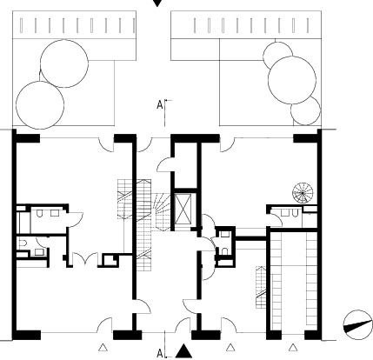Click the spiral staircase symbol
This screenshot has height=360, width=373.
point(303,193)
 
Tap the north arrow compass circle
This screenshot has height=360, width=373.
point(357,325)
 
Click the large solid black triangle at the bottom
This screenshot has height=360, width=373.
point(183,351)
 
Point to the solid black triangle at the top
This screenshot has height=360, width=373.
point(157,3)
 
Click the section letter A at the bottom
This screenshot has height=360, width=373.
point(160,354)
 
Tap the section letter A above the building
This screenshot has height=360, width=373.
point(160,105)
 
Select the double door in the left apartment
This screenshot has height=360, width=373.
point(85,259)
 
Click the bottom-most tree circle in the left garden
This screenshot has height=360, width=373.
point(40,105)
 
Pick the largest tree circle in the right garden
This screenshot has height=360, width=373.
point(292,80)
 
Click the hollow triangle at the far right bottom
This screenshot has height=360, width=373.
point(293,347)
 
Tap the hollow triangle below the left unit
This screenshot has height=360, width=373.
point(103,347)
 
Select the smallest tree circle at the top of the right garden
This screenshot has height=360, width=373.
point(277,55)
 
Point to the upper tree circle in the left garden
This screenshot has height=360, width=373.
point(64,63)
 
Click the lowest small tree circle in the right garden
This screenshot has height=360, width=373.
point(305,110)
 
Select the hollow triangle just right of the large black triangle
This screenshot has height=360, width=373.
point(230,347)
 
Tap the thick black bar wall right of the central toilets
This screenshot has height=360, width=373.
point(250,239)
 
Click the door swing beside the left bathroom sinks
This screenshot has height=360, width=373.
point(76,219)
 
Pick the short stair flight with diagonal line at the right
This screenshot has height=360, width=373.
point(261,287)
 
